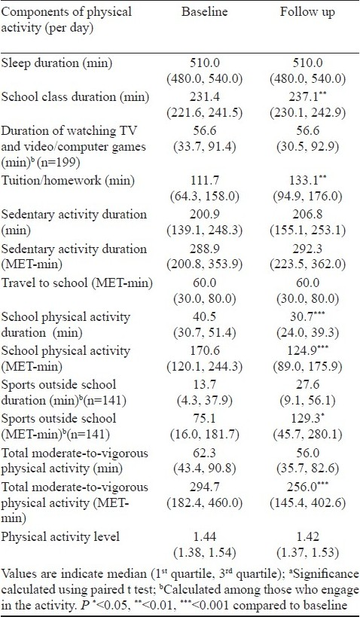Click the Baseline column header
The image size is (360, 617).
tap(204, 11)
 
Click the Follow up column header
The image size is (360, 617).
tap(307, 12)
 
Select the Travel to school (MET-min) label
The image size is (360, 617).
tap(77, 283)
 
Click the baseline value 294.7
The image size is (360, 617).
tap(204, 487)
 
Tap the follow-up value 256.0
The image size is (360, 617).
tap(305, 487)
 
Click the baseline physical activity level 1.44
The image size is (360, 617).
tap(204, 536)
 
